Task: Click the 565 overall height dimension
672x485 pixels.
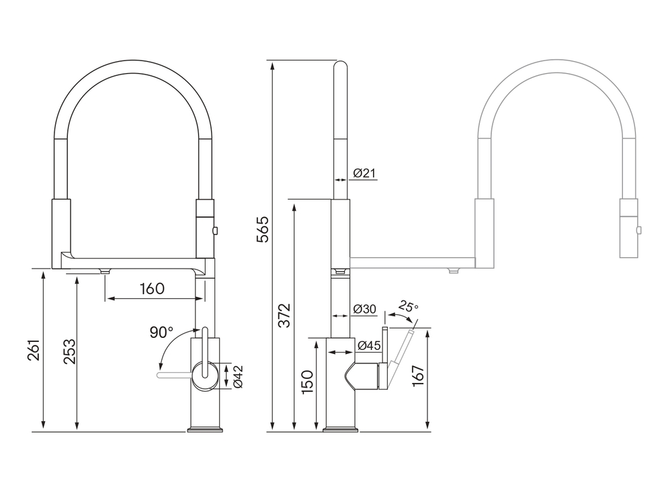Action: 263,230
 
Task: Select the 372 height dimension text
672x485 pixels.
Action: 284,315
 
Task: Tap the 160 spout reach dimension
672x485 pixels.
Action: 152,288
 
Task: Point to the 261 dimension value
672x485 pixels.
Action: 34,349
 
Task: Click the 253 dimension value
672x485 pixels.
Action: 69,351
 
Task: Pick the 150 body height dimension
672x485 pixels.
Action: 307,382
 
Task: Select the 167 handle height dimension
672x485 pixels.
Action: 418,376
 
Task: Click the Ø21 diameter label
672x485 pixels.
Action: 364,173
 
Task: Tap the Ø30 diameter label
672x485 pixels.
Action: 365,308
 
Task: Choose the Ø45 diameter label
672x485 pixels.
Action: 369,345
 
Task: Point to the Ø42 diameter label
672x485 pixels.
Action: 239,377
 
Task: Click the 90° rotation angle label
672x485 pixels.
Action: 161,332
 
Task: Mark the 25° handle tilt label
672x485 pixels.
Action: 408,306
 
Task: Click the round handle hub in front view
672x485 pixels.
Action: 205,376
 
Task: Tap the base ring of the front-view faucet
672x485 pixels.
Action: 205,429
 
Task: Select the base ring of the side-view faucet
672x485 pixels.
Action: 341,429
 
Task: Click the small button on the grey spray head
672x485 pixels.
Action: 639,230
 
